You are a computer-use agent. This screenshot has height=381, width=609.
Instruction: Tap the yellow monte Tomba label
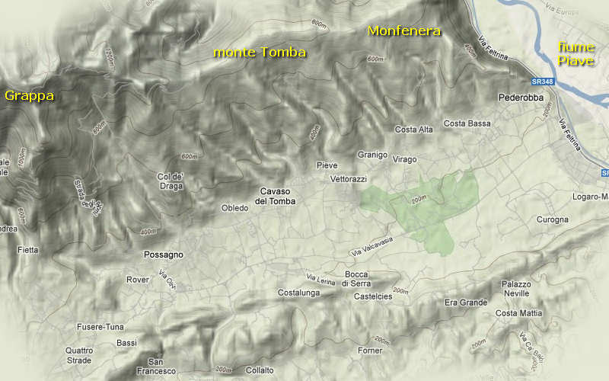260,53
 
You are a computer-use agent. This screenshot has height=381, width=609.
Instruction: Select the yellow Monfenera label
404,31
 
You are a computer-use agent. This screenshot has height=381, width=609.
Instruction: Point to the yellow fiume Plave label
575,53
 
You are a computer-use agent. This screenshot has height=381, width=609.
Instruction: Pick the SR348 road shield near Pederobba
543,81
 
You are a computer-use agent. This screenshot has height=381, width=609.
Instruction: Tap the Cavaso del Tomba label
275,196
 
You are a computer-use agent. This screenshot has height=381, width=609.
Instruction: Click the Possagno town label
164,255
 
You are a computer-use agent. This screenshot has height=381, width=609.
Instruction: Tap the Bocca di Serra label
357,279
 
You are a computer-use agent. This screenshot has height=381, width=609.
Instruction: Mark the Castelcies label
373,296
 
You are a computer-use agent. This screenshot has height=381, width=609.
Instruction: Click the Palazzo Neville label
515,289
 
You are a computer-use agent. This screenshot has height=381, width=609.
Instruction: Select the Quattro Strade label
79,355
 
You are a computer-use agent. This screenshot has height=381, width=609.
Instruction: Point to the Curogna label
552,219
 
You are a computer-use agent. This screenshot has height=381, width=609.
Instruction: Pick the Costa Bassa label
467,123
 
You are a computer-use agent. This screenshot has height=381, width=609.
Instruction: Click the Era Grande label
466,303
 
